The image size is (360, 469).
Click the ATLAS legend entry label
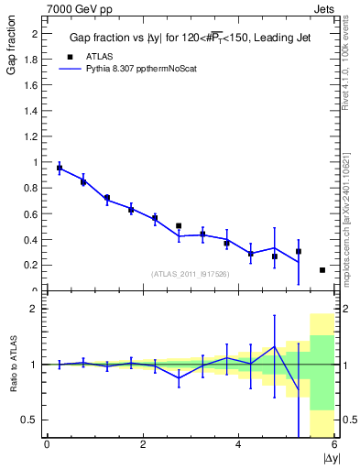pos(99,56)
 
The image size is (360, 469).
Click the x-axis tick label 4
pos(238,445)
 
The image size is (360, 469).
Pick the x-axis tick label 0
pos(47,445)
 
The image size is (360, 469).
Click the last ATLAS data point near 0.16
pos(322,270)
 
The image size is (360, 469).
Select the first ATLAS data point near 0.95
pos(60,168)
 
